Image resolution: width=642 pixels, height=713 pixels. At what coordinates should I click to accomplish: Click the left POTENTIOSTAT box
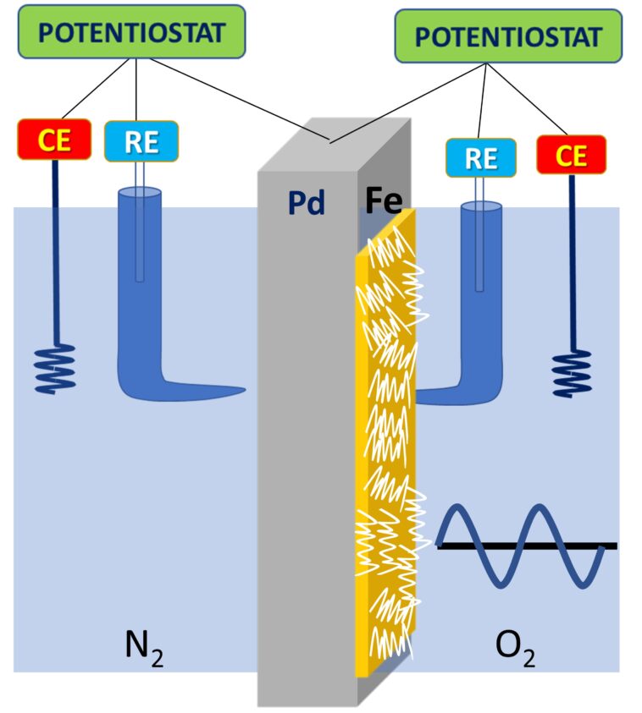[133, 32]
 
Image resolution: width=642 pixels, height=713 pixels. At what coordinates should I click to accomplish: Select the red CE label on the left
[55, 140]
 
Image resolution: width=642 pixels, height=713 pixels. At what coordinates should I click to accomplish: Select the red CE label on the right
[571, 155]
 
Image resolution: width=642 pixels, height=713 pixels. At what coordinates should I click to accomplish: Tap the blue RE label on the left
[141, 141]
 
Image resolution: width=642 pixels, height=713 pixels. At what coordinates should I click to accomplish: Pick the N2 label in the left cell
[143, 650]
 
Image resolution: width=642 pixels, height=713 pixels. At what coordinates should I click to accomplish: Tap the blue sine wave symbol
[521, 546]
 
